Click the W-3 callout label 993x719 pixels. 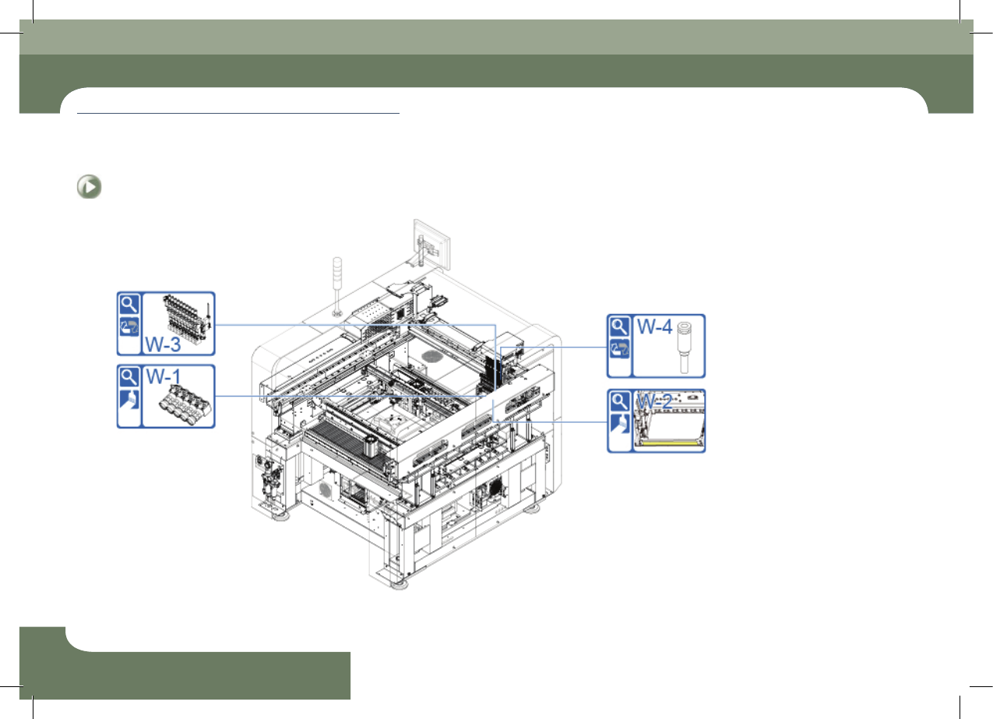[163, 344]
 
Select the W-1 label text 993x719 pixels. [164, 377]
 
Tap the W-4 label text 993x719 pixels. [655, 326]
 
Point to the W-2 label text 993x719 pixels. [654, 402]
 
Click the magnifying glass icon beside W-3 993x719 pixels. [129, 305]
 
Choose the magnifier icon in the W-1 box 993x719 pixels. [129, 378]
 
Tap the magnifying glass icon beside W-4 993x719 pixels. [619, 326]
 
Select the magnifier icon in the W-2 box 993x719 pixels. [619, 402]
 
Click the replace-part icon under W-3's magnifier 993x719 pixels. [129, 326]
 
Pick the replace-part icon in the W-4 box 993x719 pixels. [619, 349]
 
